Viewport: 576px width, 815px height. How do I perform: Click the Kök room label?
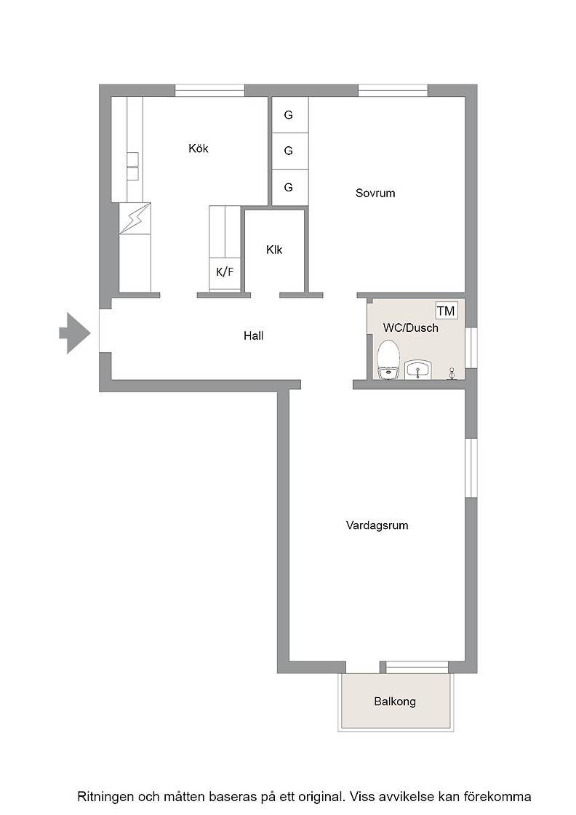pos(199,148)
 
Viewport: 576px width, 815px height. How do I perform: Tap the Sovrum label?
pos(375,194)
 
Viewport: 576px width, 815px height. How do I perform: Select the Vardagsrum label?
pos(377,525)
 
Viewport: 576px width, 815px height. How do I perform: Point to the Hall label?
pos(254,335)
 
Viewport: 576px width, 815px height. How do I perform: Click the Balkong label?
pos(395,701)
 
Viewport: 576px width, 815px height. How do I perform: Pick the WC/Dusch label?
pos(410,328)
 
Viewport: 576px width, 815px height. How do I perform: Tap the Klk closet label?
pos(274,250)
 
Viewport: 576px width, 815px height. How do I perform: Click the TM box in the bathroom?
pos(446,311)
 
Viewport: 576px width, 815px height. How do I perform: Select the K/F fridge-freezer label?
pos(225,271)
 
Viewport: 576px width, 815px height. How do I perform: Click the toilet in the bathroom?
pos(388,360)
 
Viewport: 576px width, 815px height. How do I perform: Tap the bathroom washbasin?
pos(417,370)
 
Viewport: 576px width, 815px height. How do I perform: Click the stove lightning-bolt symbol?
pos(135,219)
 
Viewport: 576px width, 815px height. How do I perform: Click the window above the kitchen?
pos(210,90)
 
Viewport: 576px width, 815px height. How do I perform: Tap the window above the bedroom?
pos(393,90)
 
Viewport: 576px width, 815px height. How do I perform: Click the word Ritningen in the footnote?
pos(105,797)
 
